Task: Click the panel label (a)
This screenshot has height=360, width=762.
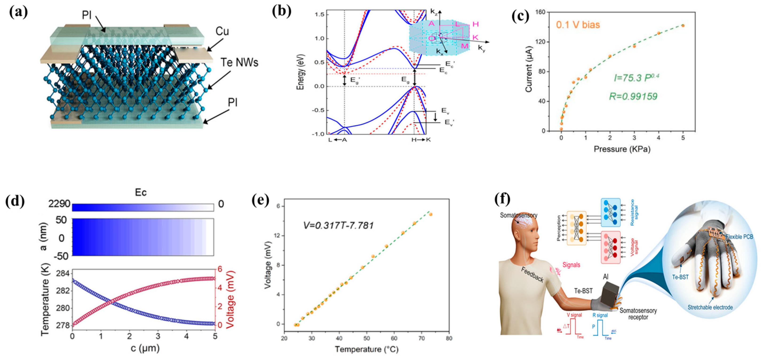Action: (x=18, y=12)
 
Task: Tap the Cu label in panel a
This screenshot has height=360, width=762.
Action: (x=222, y=31)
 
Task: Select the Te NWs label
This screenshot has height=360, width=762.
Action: (x=239, y=62)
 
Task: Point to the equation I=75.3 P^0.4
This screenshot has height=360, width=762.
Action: (x=636, y=78)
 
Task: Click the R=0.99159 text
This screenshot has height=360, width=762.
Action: (x=633, y=96)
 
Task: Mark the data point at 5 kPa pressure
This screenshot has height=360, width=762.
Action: (x=683, y=26)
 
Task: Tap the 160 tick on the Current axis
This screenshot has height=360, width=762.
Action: (x=540, y=12)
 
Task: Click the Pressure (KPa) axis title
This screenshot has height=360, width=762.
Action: (x=622, y=149)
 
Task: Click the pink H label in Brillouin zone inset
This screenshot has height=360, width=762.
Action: (x=475, y=24)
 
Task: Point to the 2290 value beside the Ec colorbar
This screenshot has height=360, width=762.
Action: (x=59, y=204)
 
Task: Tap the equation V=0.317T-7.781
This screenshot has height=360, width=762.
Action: (x=338, y=225)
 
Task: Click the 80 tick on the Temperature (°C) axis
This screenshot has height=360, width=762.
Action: (x=449, y=338)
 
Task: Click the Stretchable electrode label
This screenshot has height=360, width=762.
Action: (x=710, y=307)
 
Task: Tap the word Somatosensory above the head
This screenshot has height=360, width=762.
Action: (x=519, y=215)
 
